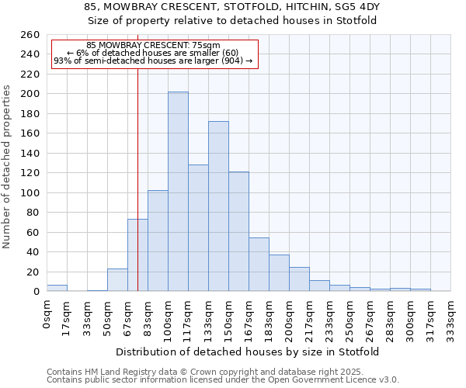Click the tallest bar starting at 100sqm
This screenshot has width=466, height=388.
pos(178,192)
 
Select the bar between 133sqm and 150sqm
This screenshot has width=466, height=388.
pos(218,206)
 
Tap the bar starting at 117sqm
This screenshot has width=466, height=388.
pos(198,228)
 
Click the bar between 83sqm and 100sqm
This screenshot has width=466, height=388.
pos(158,241)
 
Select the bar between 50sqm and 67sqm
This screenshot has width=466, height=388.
pos(117,280)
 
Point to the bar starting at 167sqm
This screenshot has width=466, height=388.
pos(259,265)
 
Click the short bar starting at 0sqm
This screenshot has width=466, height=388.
pos(57,288)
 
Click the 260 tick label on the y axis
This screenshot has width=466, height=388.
pos(31,35)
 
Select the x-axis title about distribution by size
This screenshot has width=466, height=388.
pos(249,352)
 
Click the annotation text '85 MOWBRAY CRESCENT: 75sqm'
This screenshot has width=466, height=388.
pos(153,46)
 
